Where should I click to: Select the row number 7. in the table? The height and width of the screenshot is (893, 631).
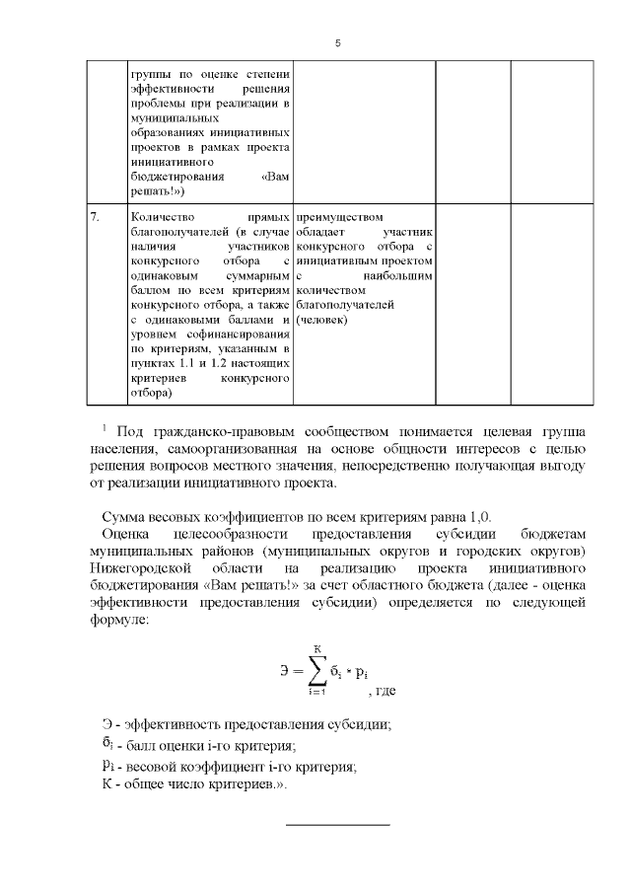tap(95, 216)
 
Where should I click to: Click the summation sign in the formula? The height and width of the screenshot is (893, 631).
tap(317, 673)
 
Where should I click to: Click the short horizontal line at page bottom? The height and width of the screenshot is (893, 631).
tap(338, 823)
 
